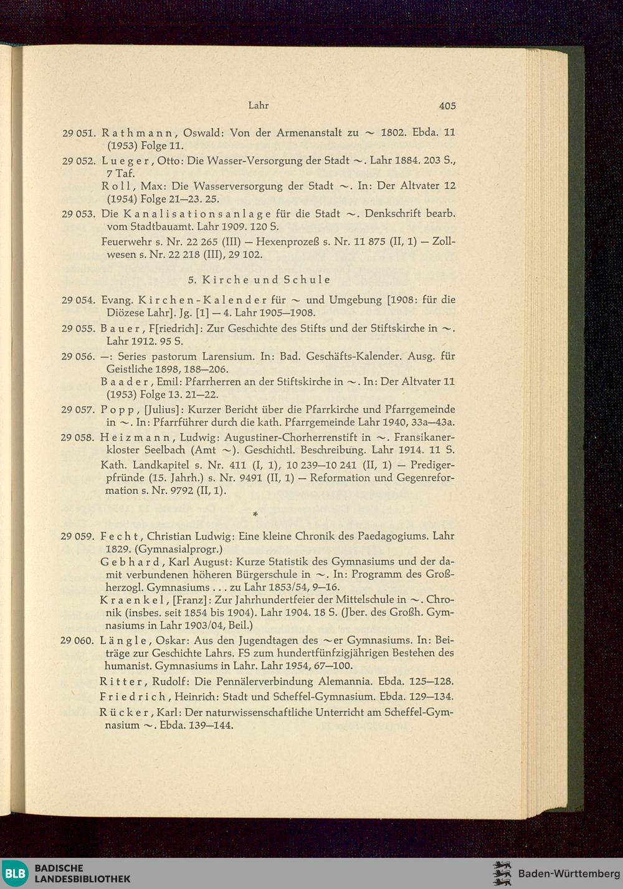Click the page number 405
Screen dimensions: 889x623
pyautogui.click(x=447, y=106)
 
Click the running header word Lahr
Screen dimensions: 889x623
pyautogui.click(x=258, y=105)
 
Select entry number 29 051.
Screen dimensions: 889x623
pyautogui.click(x=78, y=133)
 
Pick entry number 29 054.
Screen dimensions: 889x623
pyautogui.click(x=78, y=300)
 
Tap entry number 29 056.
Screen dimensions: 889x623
pyautogui.click(x=78, y=357)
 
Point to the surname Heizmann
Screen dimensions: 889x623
pyautogui.click(x=134, y=438)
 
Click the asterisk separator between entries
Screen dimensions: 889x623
pyautogui.click(x=255, y=515)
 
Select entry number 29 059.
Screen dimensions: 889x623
pyautogui.click(x=78, y=536)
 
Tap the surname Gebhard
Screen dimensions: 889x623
pyautogui.click(x=129, y=562)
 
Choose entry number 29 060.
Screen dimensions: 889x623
pyautogui.click(x=78, y=641)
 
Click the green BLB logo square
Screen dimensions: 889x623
pyautogui.click(x=15, y=873)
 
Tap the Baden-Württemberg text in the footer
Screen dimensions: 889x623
pyautogui.click(x=569, y=873)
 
